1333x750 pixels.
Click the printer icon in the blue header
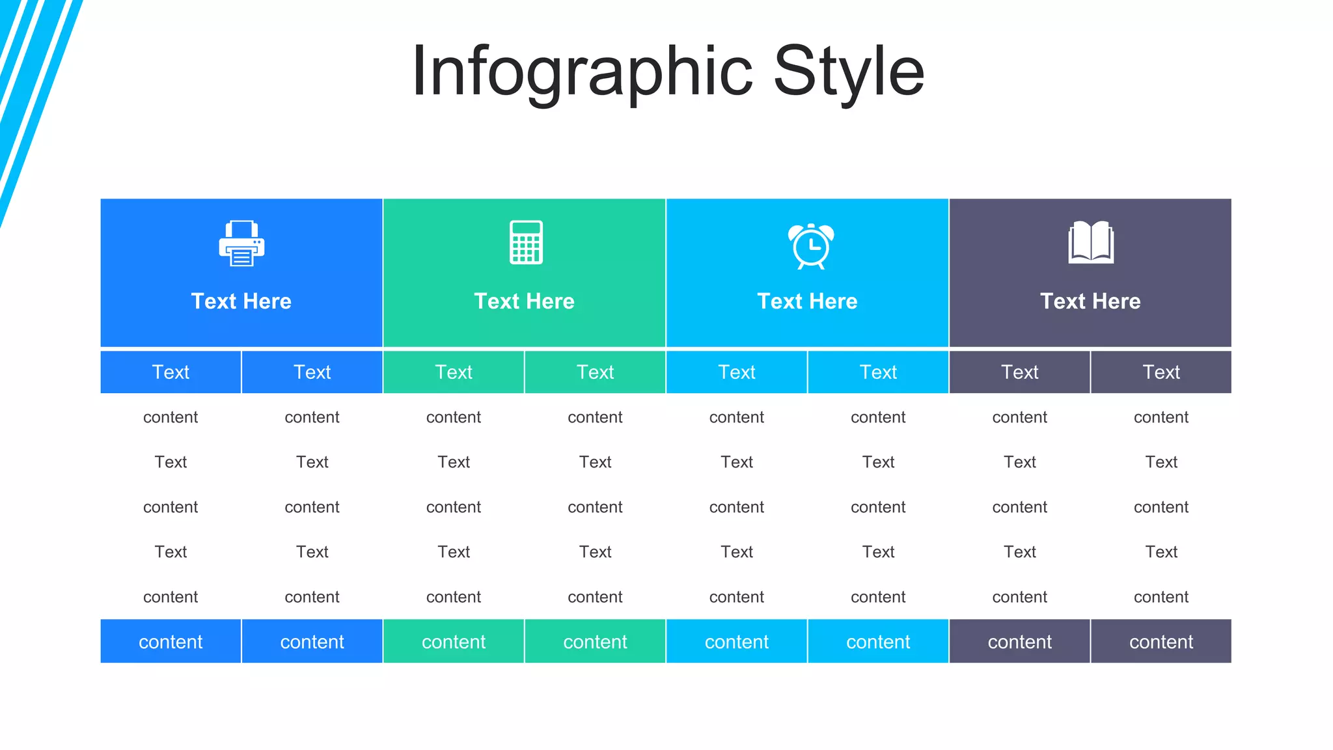(x=241, y=243)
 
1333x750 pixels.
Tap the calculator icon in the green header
(x=526, y=242)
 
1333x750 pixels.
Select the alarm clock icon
(x=810, y=245)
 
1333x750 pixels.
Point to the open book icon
(x=1091, y=242)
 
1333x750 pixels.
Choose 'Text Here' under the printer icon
(x=241, y=301)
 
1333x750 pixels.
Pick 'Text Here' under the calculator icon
(x=525, y=301)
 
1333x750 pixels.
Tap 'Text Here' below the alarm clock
(x=808, y=301)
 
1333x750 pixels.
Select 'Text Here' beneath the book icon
(x=1091, y=301)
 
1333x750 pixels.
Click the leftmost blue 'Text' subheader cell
(x=171, y=372)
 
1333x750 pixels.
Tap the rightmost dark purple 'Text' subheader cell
(x=1161, y=372)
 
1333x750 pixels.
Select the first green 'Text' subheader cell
(x=454, y=372)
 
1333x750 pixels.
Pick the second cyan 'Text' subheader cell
(x=878, y=372)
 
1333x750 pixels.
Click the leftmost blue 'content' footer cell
(x=171, y=642)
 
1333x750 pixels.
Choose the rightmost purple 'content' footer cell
(x=1161, y=642)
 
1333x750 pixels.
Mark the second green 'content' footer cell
(x=595, y=642)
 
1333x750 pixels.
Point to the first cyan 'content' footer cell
(x=737, y=642)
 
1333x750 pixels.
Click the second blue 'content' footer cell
(x=312, y=642)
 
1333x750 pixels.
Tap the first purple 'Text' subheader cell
(x=1020, y=372)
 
